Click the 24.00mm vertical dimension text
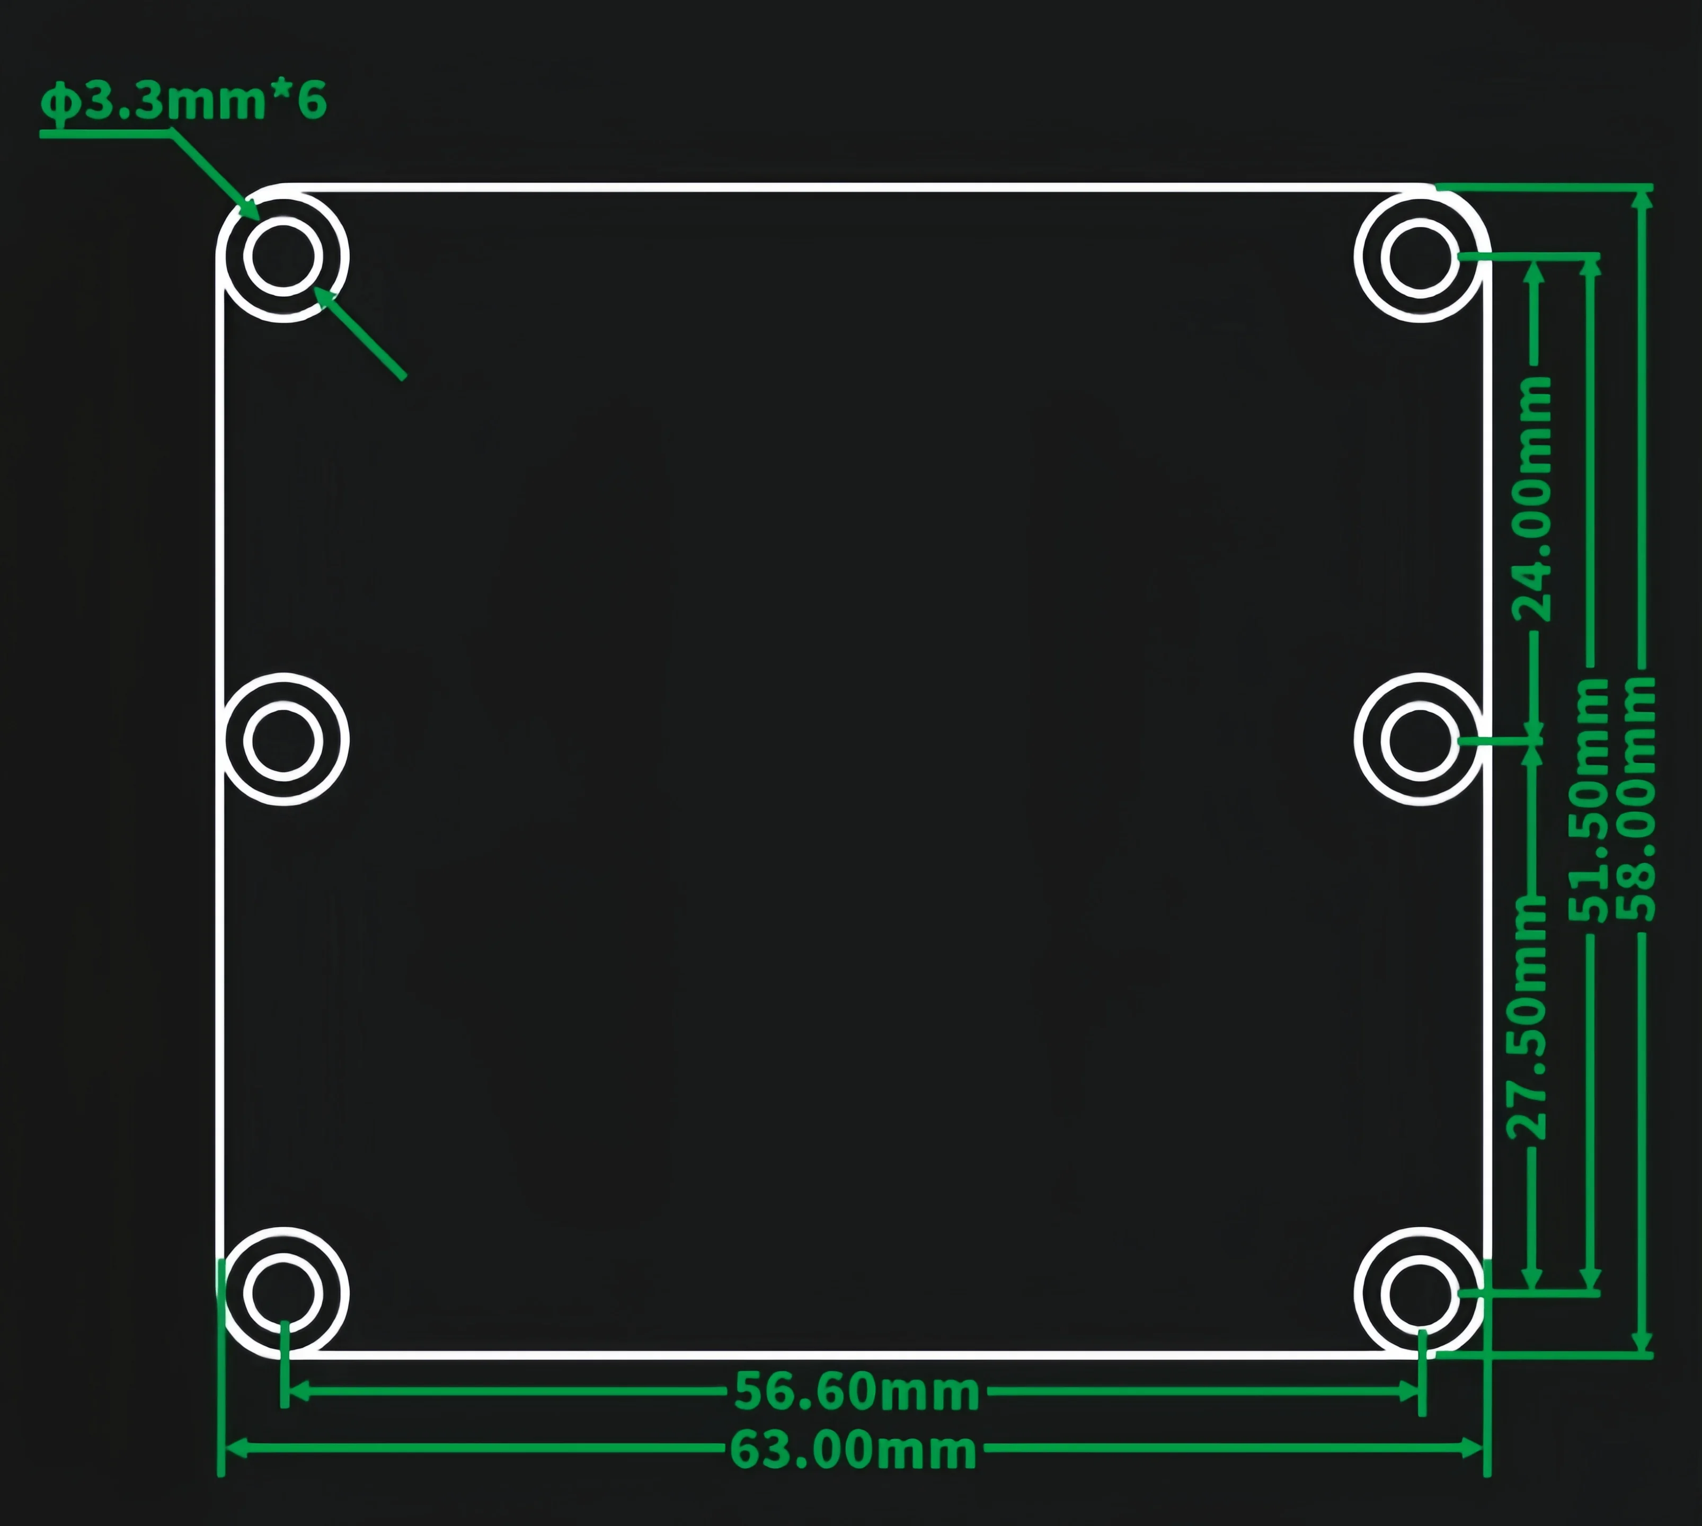click(x=1531, y=499)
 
